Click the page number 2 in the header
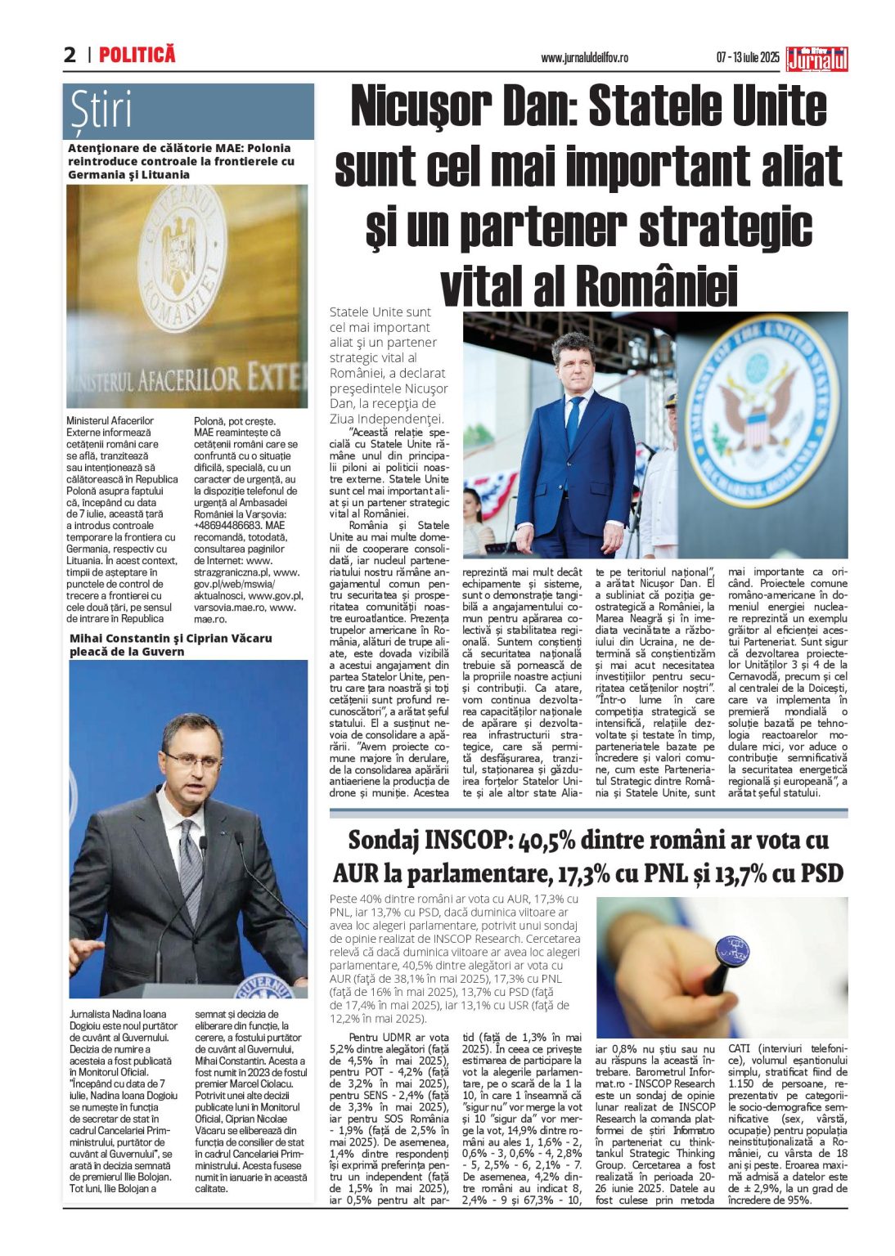click(70, 55)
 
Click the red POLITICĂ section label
click(137, 55)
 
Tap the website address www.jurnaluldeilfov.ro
click(584, 58)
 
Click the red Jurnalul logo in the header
click(816, 59)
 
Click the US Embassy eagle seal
click(762, 409)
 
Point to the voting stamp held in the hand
click(731, 952)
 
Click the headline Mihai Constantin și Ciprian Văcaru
click(170, 644)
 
